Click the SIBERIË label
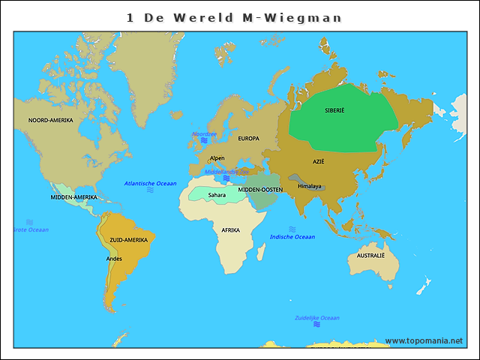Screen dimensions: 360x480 click(334, 110)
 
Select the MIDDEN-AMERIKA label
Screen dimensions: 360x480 click(74, 197)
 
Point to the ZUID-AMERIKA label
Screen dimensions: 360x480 click(128, 240)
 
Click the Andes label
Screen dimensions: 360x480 click(114, 259)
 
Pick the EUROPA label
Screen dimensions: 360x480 click(248, 138)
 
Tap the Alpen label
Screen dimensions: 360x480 click(217, 158)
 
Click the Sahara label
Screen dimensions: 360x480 click(217, 195)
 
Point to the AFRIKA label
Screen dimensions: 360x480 click(230, 230)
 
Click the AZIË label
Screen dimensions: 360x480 click(319, 161)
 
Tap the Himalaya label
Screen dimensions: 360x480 click(309, 186)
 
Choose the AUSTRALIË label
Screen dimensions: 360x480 click(370, 256)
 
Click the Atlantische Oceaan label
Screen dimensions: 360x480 click(150, 184)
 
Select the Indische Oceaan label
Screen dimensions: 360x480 click(292, 237)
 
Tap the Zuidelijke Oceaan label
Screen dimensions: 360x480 click(317, 318)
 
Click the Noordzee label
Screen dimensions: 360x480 click(204, 134)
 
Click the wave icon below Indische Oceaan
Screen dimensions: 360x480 click(292, 229)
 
